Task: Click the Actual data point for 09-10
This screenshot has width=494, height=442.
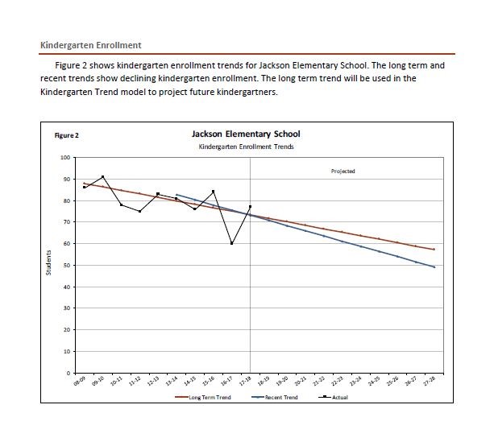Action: (x=102, y=177)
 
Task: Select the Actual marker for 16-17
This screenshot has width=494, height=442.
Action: (x=231, y=243)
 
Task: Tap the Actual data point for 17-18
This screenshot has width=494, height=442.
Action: (x=250, y=207)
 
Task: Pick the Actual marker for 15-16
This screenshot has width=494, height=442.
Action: (x=214, y=192)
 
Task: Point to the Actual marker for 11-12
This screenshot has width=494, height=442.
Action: (x=139, y=211)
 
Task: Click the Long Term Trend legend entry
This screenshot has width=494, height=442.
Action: (x=203, y=397)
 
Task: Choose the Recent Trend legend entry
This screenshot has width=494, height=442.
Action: (x=275, y=397)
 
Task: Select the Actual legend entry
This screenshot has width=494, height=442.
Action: (x=333, y=397)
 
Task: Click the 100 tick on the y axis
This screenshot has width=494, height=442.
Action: (x=65, y=158)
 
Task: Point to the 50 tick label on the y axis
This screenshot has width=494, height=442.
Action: (x=66, y=266)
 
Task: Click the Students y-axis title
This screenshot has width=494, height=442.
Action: (x=48, y=263)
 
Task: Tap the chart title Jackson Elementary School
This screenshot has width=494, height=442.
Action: (x=246, y=134)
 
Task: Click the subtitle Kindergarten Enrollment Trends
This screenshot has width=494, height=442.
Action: (x=247, y=147)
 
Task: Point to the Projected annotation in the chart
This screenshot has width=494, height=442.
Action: (x=343, y=171)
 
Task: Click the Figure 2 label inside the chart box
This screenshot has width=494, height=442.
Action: (x=67, y=135)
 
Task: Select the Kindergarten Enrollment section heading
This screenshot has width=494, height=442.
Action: (x=91, y=45)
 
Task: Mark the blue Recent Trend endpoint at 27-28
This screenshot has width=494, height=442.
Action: (x=434, y=267)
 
